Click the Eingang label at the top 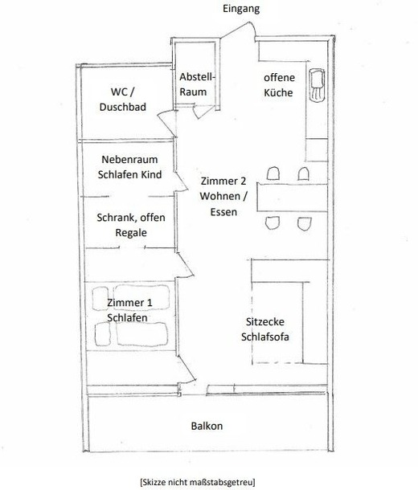pyautogui.click(x=241, y=9)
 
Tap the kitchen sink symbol pyautogui.click(x=317, y=85)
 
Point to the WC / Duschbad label pyautogui.click(x=123, y=100)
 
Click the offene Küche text pyautogui.click(x=279, y=85)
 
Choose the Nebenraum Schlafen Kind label pyautogui.click(x=129, y=167)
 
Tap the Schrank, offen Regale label pyautogui.click(x=131, y=225)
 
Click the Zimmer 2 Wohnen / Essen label pyautogui.click(x=223, y=196)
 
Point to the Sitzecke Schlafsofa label pyautogui.click(x=265, y=329)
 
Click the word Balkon pyautogui.click(x=207, y=426)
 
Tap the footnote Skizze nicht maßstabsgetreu pyautogui.click(x=198, y=481)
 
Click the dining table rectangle pyautogui.click(x=293, y=198)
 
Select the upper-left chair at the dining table pyautogui.click(x=273, y=174)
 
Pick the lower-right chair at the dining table pyautogui.click(x=305, y=224)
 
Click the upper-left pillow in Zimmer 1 pyautogui.click(x=100, y=298)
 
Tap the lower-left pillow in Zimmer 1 pyautogui.click(x=103, y=334)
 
